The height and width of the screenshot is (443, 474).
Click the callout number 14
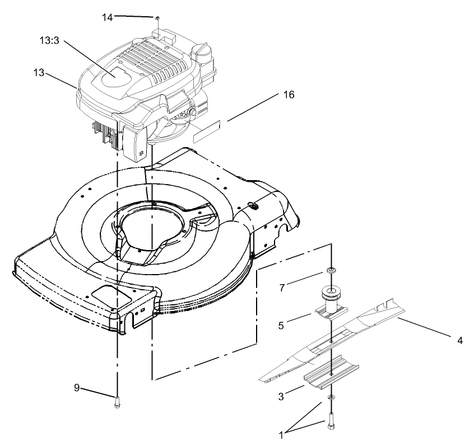tap(107, 17)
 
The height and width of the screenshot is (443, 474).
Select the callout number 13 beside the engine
tap(39, 73)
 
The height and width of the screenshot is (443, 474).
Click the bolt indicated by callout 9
tap(118, 399)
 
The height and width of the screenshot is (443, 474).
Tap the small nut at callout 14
tap(159, 18)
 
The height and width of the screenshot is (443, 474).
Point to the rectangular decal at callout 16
tap(207, 135)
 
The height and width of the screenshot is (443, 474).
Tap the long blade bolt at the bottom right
tap(331, 420)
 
